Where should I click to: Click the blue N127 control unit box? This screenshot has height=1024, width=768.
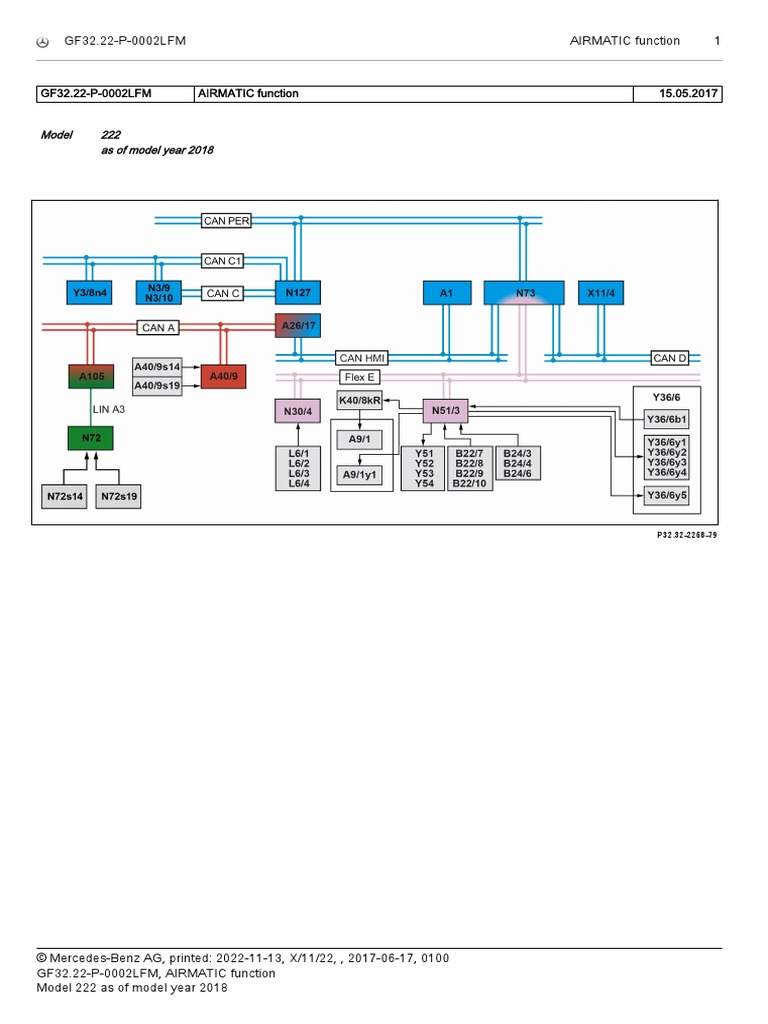point(298,293)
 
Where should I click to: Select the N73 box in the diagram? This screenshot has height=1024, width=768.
point(524,293)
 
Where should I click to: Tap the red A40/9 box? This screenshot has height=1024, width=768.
point(223,376)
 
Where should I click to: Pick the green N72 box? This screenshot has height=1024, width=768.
point(91,438)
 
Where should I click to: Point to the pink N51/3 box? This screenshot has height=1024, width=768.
point(445,410)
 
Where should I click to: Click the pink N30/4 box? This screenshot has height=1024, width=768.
point(298,411)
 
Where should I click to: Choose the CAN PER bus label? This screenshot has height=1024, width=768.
point(226,221)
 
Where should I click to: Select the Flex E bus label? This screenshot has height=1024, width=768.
point(360,377)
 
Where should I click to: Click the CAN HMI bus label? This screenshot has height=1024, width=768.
point(362,358)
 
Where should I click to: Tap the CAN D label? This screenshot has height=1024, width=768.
point(670,358)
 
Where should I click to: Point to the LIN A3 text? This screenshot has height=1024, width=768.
point(108,409)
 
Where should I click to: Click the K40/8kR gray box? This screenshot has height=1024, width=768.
point(360,400)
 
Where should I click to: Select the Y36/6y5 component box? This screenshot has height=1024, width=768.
point(667,496)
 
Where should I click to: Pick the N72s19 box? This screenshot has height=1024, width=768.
point(119,496)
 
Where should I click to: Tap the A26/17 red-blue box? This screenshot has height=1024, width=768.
point(298,325)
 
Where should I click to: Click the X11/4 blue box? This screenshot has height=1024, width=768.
point(601,293)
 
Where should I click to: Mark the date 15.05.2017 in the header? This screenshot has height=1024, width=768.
point(688,93)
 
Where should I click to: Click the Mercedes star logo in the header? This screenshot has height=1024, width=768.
point(42,42)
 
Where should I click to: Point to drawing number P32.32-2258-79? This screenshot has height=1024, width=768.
point(687,535)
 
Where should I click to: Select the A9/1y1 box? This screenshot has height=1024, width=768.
point(360,475)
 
